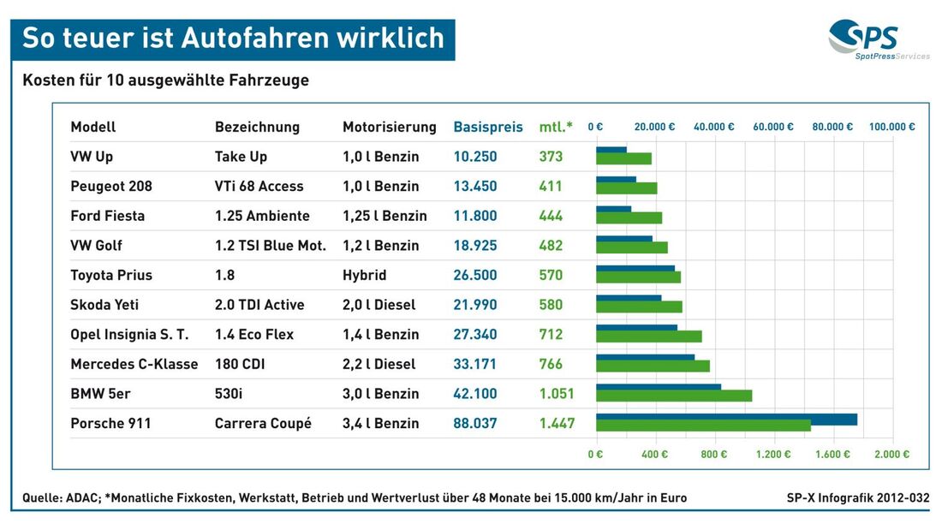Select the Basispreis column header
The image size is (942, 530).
(x=487, y=127)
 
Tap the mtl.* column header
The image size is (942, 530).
(x=557, y=127)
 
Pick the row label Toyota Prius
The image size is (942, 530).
(x=111, y=275)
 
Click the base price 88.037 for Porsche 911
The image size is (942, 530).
(x=475, y=423)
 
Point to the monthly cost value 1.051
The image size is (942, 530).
(x=557, y=394)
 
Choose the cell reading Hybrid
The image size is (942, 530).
(x=364, y=275)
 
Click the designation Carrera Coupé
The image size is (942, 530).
(x=263, y=423)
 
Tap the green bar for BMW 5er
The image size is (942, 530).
(x=674, y=396)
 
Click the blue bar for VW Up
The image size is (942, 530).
(x=611, y=150)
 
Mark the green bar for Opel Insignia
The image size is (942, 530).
(x=649, y=336)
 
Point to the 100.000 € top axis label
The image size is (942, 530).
(x=891, y=127)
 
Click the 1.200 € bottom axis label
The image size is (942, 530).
(x=772, y=455)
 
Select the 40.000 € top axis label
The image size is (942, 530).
(x=713, y=127)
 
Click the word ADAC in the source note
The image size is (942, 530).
(x=83, y=497)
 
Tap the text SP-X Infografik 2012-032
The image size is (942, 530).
(x=857, y=497)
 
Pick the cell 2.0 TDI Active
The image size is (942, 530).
(x=259, y=305)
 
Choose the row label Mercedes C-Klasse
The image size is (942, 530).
(x=134, y=364)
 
